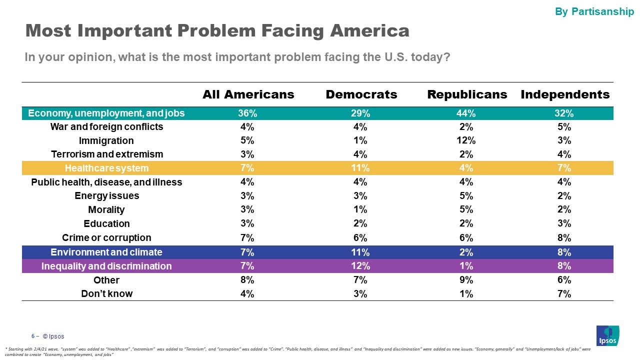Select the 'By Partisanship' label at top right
[594, 11]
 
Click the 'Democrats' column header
[361, 94]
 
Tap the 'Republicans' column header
[467, 94]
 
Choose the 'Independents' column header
[565, 94]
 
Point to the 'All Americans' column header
[248, 94]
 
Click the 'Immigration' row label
[106, 140]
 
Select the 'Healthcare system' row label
[106, 168]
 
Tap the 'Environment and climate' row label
[106, 252]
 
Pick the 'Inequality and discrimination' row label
[106, 266]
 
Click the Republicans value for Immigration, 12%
[466, 140]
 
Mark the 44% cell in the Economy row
[466, 113]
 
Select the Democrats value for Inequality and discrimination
[361, 266]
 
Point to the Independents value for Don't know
[564, 294]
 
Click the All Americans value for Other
[247, 280]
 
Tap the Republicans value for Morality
[466, 209]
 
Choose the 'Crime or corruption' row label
[106, 237]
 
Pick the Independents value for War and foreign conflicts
[564, 127]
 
